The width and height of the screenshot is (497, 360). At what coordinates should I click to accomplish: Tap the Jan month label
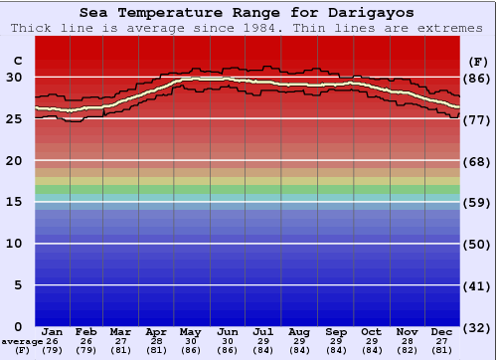coord(53,331)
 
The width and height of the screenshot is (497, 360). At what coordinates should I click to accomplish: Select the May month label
coord(190,331)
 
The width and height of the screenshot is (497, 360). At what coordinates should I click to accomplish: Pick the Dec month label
coord(442,331)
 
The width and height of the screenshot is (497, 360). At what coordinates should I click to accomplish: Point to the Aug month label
coord(299,331)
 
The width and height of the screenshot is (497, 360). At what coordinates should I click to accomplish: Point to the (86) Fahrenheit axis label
coord(478,78)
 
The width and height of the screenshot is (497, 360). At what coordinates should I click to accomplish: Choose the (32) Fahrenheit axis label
coord(478,326)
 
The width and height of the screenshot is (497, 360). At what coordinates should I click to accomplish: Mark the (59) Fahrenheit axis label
coord(478,202)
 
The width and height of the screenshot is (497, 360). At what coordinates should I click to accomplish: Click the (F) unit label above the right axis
coord(478,61)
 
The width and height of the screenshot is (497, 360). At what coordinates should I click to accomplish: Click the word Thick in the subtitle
coord(32,28)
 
